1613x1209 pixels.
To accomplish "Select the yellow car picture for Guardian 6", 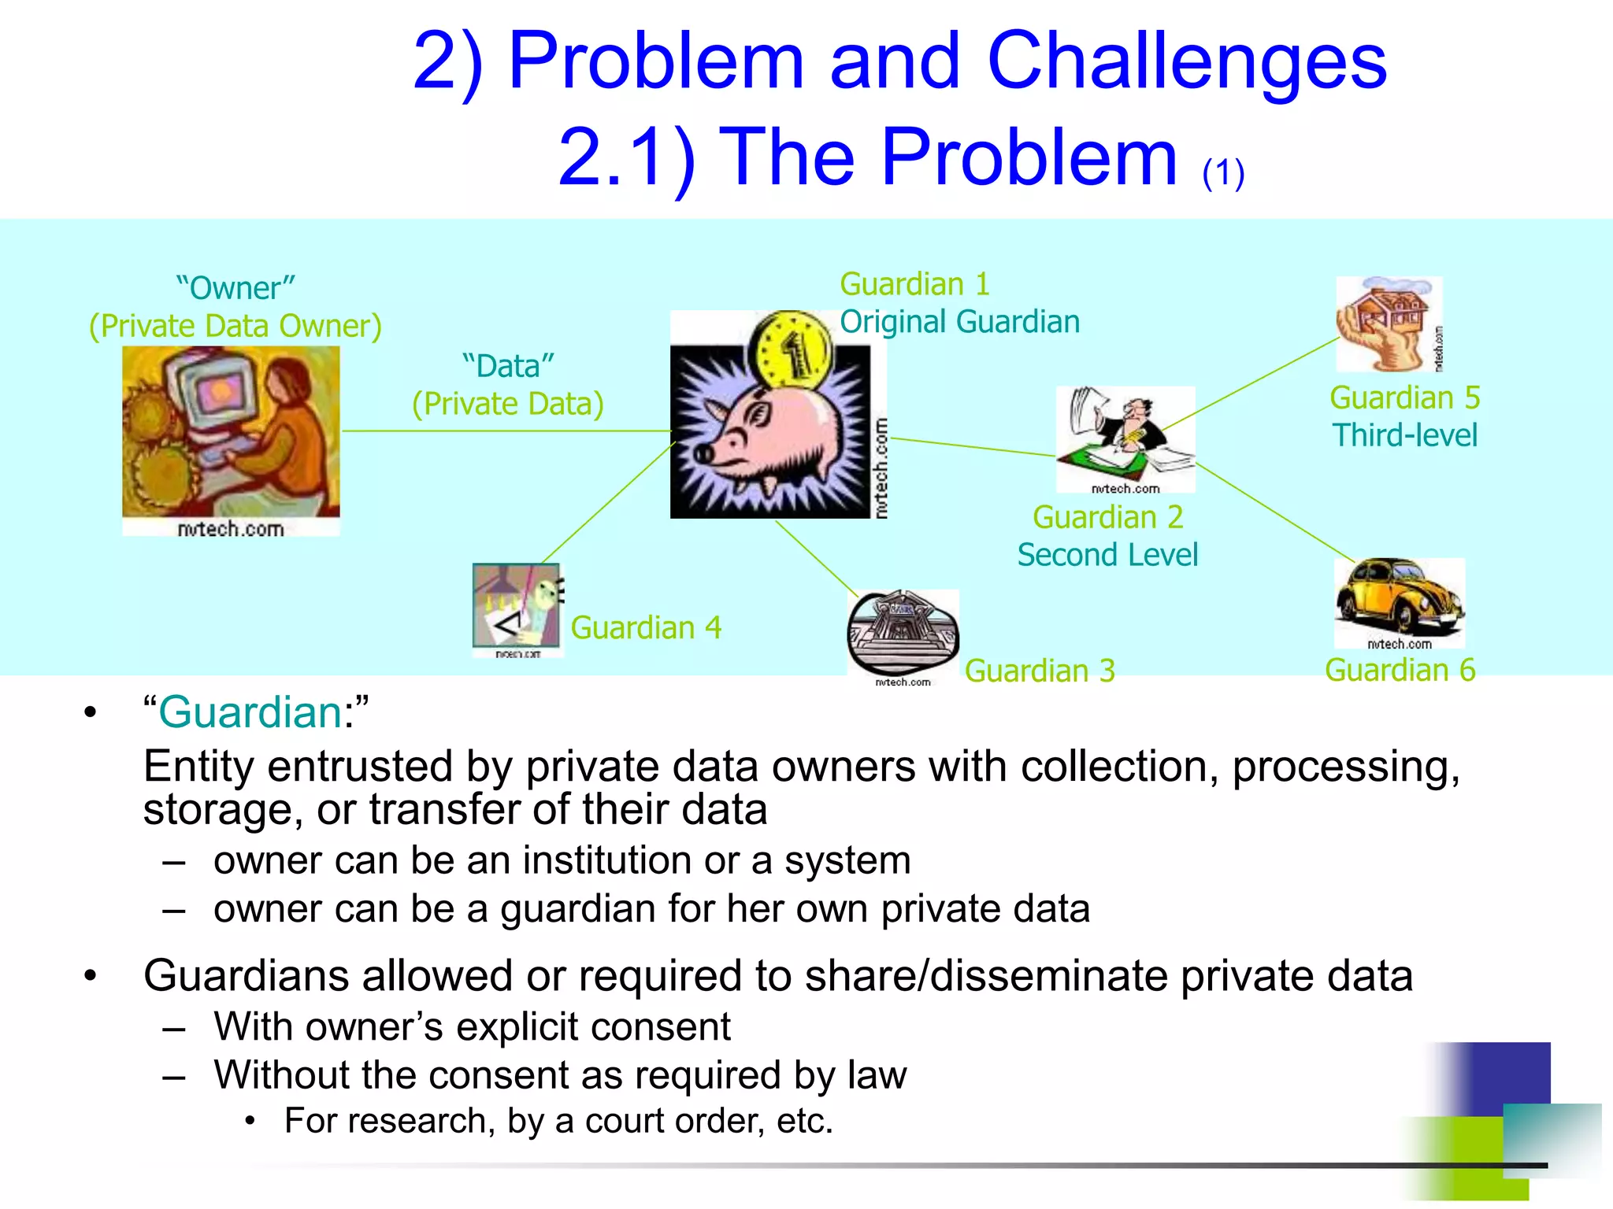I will pyautogui.click(x=1399, y=598).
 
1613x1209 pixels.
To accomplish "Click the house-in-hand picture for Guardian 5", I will pyautogui.click(x=1388, y=323).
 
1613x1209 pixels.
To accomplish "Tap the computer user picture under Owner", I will pyautogui.click(x=231, y=433).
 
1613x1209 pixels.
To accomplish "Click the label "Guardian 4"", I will pyautogui.click(x=646, y=628).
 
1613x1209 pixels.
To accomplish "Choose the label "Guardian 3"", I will pyautogui.click(x=1040, y=671).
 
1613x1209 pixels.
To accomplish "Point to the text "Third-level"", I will pyautogui.click(x=1404, y=435).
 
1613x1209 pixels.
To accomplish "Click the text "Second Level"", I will pyautogui.click(x=1107, y=555).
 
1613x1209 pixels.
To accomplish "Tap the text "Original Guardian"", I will pyautogui.click(x=959, y=322).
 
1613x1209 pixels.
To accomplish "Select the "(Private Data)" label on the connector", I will pyautogui.click(x=508, y=404).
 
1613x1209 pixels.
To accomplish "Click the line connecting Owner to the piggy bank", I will pyautogui.click(x=504, y=431).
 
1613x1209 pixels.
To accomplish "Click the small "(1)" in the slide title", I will pyautogui.click(x=1223, y=173).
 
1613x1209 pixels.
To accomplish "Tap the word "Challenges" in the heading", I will pyautogui.click(x=1186, y=61).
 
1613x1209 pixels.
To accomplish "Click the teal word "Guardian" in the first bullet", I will pyautogui.click(x=250, y=712).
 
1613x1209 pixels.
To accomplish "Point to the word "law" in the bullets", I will pyautogui.click(x=877, y=1075).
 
